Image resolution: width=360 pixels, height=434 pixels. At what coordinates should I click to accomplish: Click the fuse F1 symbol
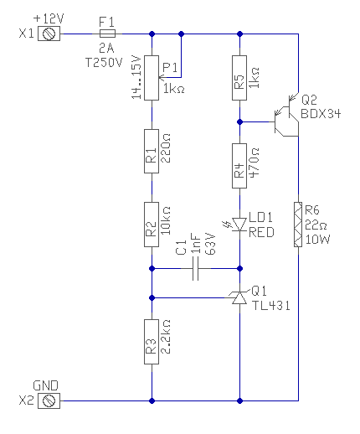107,34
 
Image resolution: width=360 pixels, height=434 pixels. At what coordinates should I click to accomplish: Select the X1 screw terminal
49,34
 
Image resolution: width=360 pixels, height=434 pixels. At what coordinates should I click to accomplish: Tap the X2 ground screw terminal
49,401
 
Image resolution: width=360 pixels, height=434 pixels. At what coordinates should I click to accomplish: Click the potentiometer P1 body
152,78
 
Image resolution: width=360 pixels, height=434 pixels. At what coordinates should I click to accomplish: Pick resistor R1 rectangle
152,151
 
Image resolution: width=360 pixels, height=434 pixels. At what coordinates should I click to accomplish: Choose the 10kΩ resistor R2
152,225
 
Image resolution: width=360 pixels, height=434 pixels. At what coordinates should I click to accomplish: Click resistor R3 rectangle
152,342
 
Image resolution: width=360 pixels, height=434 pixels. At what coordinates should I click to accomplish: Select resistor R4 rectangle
239,166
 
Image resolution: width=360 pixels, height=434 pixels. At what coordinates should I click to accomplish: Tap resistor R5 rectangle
239,78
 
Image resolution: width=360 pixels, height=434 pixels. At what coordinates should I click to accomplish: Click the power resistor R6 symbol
298,225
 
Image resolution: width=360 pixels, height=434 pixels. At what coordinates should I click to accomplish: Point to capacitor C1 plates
196,269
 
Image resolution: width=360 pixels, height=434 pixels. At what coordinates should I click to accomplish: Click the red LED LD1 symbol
239,225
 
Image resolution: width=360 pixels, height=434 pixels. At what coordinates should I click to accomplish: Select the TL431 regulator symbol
239,297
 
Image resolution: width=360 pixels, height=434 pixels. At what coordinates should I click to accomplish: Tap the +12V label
49,18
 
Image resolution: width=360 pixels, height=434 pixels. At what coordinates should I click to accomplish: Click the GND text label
45,385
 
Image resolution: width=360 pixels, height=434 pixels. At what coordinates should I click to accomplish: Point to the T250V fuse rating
104,62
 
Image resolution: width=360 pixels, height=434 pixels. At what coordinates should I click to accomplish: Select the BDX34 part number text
321,114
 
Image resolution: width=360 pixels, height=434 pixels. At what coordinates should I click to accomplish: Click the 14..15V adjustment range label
136,77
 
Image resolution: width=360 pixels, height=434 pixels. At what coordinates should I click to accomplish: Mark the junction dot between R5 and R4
239,122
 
